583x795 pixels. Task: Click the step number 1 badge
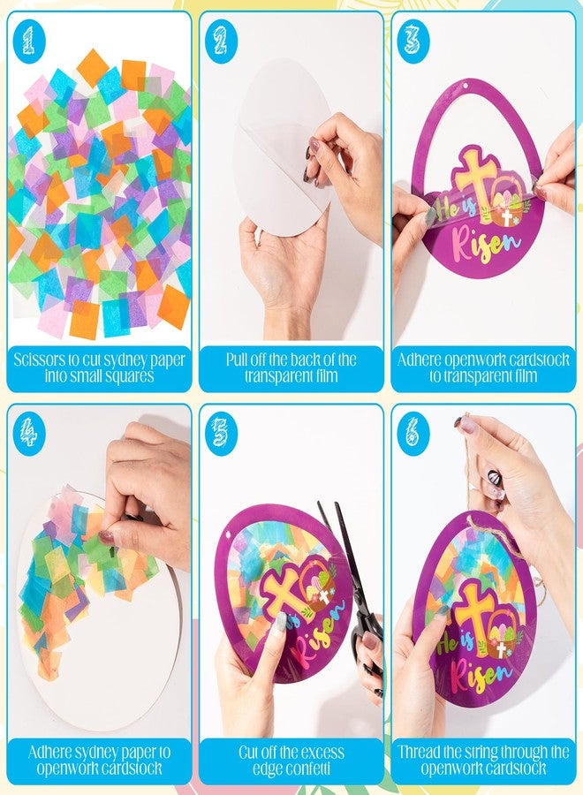pos(29,41)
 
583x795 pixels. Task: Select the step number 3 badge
pos(413,41)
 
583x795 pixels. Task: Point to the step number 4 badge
pos(29,433)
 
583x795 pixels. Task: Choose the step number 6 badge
pos(413,433)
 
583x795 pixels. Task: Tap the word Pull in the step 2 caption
pos(236,360)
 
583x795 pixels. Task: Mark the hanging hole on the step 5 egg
pos(228,534)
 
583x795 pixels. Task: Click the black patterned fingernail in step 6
pos(494,478)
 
